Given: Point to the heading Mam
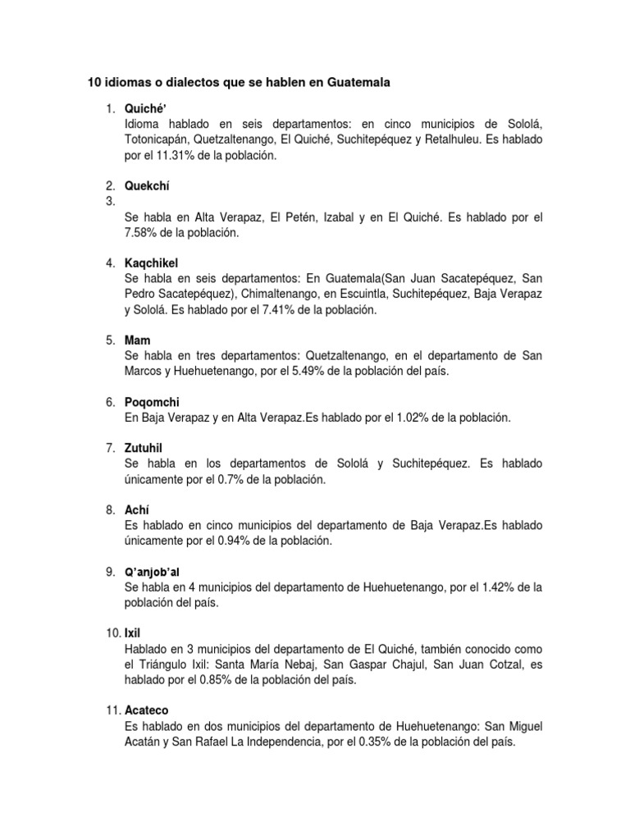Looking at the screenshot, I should (x=137, y=340).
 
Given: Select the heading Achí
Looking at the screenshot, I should (x=137, y=509).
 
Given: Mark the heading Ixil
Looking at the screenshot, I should (x=134, y=633).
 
